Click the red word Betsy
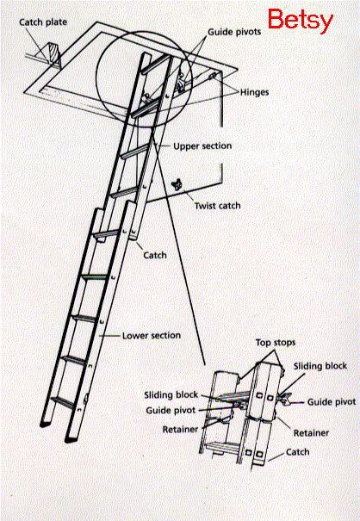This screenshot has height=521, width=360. click(301, 20)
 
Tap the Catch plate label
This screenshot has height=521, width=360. click(43, 22)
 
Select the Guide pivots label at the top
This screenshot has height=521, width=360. click(234, 32)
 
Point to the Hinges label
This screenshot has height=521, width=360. click(254, 92)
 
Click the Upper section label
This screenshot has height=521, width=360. click(202, 146)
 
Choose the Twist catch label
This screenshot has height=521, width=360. click(217, 206)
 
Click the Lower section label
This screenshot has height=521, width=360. click(152, 335)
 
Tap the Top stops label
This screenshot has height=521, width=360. click(276, 343)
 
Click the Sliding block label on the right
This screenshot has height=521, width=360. click(320, 366)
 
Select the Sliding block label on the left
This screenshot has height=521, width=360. click(171, 394)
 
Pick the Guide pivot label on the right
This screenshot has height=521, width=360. click(332, 402)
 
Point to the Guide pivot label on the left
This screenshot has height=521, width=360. click(171, 411)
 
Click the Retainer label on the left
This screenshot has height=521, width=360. click(180, 430)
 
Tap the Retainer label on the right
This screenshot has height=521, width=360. click(311, 433)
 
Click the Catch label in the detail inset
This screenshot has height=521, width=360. click(297, 452)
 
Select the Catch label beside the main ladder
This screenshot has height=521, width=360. click(155, 255)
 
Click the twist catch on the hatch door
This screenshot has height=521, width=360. click(177, 184)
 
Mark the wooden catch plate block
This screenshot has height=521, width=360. click(53, 55)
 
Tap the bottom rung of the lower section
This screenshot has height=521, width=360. click(63, 402)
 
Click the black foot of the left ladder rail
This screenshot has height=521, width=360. click(45, 424)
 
